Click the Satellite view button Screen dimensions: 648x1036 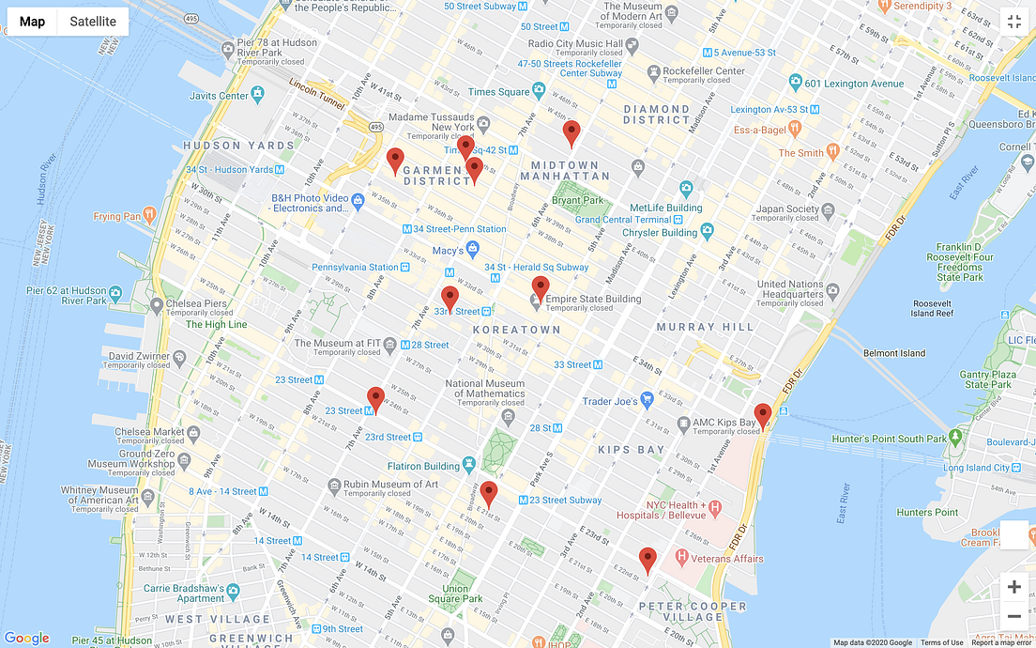pyautogui.click(x=93, y=22)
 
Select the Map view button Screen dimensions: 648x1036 pyautogui.click(x=33, y=22)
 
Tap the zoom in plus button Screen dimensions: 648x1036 pyautogui.click(x=1013, y=587)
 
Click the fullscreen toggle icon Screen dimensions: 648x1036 pyautogui.click(x=1013, y=22)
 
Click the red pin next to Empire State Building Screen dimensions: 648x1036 pyautogui.click(x=541, y=288)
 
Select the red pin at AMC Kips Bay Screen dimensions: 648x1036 pyautogui.click(x=763, y=415)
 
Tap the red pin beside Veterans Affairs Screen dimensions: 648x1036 pyautogui.click(x=647, y=560)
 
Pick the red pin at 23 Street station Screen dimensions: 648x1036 pyautogui.click(x=375, y=399)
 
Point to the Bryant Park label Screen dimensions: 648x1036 pyautogui.click(x=577, y=200)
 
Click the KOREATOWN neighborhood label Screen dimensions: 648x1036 pyautogui.click(x=516, y=330)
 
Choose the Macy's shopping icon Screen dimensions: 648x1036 pyautogui.click(x=473, y=250)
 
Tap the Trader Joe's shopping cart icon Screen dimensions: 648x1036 pyautogui.click(x=647, y=401)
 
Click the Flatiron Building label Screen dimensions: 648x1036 pyautogui.click(x=423, y=466)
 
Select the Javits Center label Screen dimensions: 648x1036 pyautogui.click(x=219, y=96)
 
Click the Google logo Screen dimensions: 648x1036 pyautogui.click(x=26, y=639)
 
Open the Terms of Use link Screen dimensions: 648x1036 pyautogui.click(x=941, y=642)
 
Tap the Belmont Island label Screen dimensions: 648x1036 pyautogui.click(x=893, y=353)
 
